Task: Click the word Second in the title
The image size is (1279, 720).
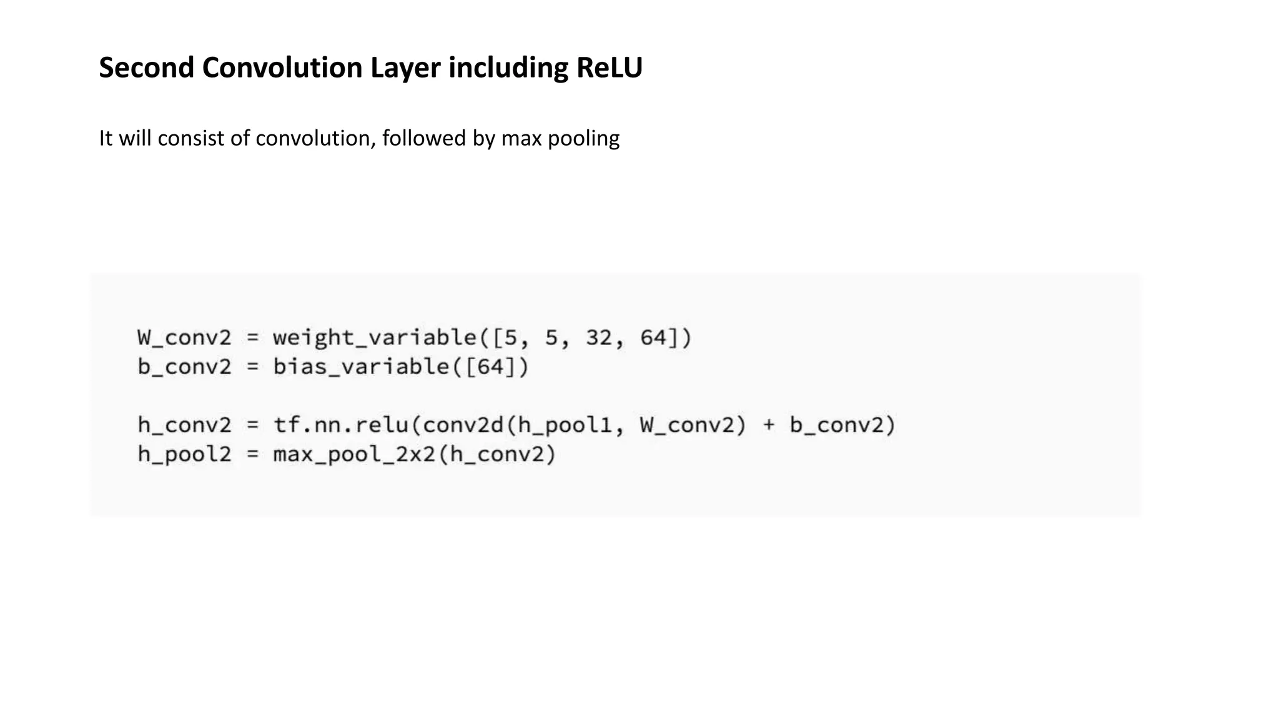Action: click(146, 67)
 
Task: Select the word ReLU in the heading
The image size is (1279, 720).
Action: click(609, 67)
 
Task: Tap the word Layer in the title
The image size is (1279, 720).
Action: click(405, 67)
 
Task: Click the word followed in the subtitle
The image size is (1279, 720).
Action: click(424, 138)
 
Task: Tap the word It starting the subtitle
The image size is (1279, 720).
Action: click(106, 138)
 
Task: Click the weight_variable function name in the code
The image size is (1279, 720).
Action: click(375, 338)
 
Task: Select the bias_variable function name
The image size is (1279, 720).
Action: click(362, 367)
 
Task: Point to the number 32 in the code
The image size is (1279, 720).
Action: click(599, 338)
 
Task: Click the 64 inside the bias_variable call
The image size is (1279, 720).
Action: click(490, 367)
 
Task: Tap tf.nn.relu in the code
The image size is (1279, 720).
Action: click(341, 426)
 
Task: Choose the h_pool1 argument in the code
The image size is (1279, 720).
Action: click(565, 426)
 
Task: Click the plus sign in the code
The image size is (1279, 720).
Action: click(769, 426)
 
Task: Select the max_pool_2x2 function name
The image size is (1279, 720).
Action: click(354, 454)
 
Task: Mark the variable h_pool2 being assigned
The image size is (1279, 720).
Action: click(184, 454)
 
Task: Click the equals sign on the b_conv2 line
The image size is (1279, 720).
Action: click(252, 367)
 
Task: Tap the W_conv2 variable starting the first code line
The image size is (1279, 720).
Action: click(184, 338)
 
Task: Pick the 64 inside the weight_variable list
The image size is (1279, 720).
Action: click(653, 338)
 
